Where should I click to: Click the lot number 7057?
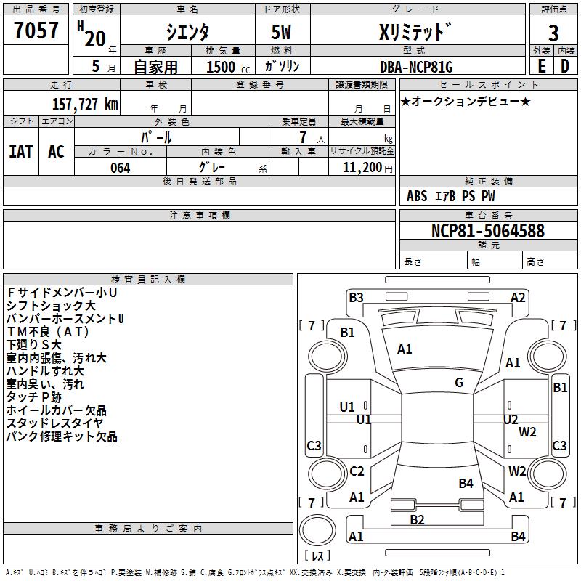click(36, 31)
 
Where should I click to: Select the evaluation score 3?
click(553, 33)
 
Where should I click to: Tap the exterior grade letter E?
click(541, 65)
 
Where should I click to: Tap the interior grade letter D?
click(565, 65)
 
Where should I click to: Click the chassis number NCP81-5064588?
click(488, 232)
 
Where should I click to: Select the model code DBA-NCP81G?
click(416, 67)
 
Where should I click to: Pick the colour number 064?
click(121, 168)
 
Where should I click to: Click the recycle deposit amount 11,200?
click(361, 168)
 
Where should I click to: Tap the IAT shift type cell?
click(21, 151)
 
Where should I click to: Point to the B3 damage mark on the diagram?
click(356, 297)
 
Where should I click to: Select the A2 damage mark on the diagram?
click(518, 297)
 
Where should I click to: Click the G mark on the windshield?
click(459, 383)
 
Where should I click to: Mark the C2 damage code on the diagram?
click(357, 471)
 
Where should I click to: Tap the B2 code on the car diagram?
click(417, 519)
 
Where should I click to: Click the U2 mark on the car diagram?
click(511, 419)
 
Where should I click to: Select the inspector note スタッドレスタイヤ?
click(55, 423)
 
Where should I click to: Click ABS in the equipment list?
click(417, 196)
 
